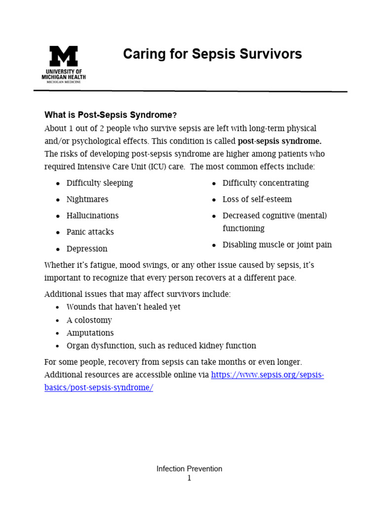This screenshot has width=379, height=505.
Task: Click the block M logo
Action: click(64, 56)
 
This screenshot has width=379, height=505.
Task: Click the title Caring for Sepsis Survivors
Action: click(212, 54)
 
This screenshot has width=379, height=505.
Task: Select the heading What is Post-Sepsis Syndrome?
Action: click(110, 115)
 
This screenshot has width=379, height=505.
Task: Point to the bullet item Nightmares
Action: click(87, 199)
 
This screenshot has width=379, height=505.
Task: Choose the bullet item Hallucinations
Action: click(92, 216)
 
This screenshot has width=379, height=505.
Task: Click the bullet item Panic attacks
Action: click(90, 232)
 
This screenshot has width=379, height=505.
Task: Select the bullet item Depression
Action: click(87, 249)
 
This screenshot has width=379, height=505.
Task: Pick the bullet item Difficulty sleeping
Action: click(100, 183)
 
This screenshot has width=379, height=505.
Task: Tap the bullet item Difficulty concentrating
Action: click(265, 183)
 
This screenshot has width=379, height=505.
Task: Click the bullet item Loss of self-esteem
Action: click(257, 199)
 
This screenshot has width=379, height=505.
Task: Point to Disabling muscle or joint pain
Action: click(277, 245)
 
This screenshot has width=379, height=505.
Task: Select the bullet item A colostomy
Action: click(89, 320)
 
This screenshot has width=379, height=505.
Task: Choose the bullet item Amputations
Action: click(90, 333)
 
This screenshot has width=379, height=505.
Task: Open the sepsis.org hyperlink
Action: click(267, 375)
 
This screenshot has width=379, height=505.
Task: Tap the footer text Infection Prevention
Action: click(189, 469)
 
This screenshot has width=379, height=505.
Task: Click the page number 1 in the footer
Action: click(189, 478)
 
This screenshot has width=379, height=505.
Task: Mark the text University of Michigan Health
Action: click(64, 74)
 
